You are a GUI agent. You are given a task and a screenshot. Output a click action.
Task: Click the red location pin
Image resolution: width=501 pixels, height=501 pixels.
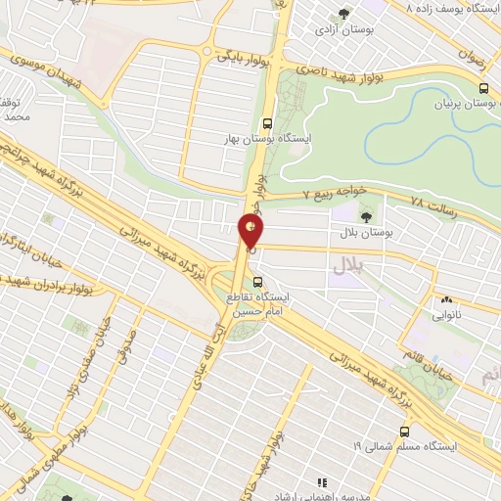point(251,231)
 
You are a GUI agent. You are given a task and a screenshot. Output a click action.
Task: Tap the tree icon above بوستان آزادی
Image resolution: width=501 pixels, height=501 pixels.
point(342,14)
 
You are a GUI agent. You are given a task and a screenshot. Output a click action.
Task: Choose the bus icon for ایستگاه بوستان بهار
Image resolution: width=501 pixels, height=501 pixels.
point(267,123)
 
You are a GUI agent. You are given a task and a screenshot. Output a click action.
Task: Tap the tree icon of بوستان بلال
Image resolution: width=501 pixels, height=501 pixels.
point(366,216)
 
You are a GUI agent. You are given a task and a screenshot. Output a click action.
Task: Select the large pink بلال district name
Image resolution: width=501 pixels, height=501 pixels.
point(346,264)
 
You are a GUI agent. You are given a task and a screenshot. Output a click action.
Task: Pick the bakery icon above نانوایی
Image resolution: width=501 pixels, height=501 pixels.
point(446,299)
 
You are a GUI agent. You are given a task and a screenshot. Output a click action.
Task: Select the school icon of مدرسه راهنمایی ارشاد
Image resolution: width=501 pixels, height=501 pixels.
point(321,481)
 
